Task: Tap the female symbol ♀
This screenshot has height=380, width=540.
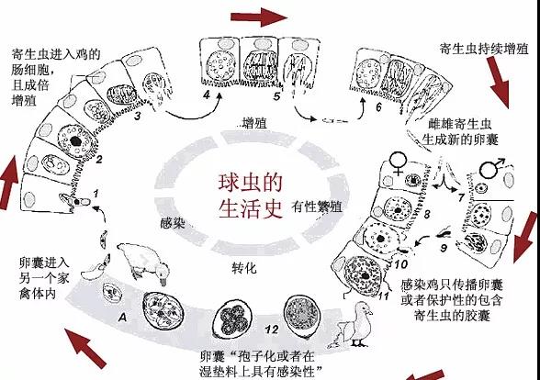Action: pyautogui.click(x=398, y=162)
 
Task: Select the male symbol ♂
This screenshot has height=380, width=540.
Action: pyautogui.click(x=492, y=167)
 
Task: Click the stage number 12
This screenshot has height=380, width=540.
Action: pyautogui.click(x=272, y=330)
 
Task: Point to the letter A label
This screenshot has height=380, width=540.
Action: pyautogui.click(x=122, y=318)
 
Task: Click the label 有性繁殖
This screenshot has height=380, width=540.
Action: pyautogui.click(x=317, y=207)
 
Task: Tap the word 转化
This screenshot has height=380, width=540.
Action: pyautogui.click(x=244, y=267)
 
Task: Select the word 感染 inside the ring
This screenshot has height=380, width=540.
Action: pyautogui.click(x=173, y=223)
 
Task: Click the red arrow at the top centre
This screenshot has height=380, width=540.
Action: pyautogui.click(x=259, y=17)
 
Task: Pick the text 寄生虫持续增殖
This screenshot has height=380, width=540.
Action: pyautogui.click(x=484, y=49)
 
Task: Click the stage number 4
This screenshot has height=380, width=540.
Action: pyautogui.click(x=207, y=95)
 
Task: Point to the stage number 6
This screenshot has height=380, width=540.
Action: pyautogui.click(x=378, y=107)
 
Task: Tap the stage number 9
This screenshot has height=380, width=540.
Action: pyautogui.click(x=444, y=248)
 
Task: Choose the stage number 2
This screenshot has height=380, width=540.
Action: pyautogui.click(x=99, y=160)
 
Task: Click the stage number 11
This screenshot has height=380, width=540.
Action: pyautogui.click(x=383, y=296)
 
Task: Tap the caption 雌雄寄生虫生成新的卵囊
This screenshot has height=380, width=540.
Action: pyautogui.click(x=460, y=132)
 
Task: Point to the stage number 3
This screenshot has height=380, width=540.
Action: pyautogui.click(x=137, y=116)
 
